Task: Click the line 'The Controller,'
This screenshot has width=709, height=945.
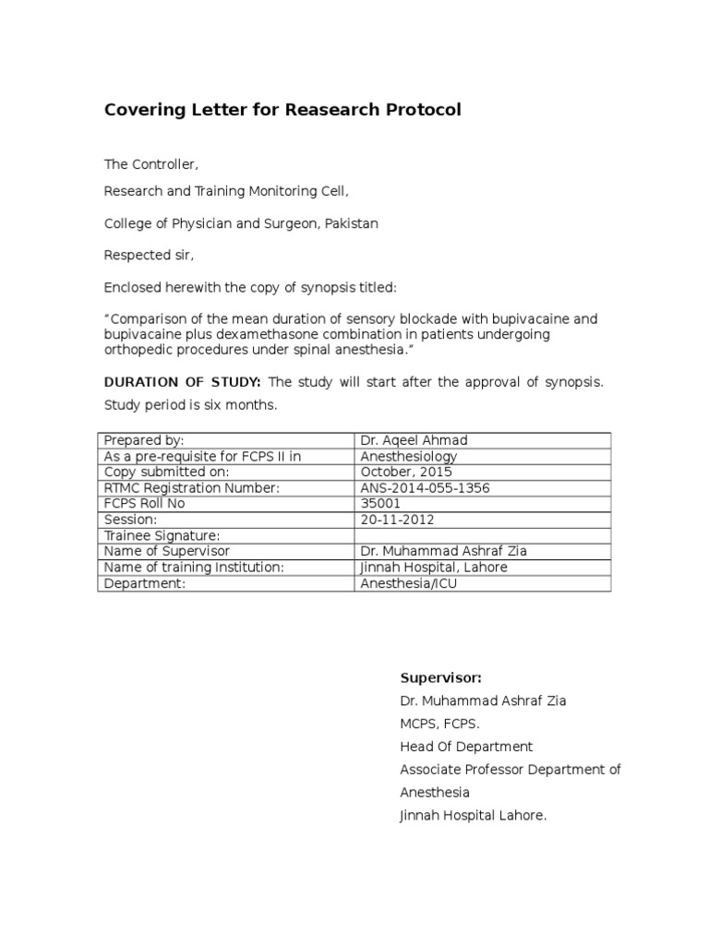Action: (150, 164)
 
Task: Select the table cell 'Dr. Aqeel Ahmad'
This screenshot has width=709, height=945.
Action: (408, 440)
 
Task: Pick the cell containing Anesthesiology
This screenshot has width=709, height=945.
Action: (409, 456)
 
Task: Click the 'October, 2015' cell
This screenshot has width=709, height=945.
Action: (406, 472)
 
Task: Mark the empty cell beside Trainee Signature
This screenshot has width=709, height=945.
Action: (482, 535)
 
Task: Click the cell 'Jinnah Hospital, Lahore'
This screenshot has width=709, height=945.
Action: (433, 567)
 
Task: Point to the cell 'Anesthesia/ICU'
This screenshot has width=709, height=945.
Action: (409, 583)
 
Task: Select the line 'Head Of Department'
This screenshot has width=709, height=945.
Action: (466, 747)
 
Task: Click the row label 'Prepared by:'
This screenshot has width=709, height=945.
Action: (144, 440)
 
